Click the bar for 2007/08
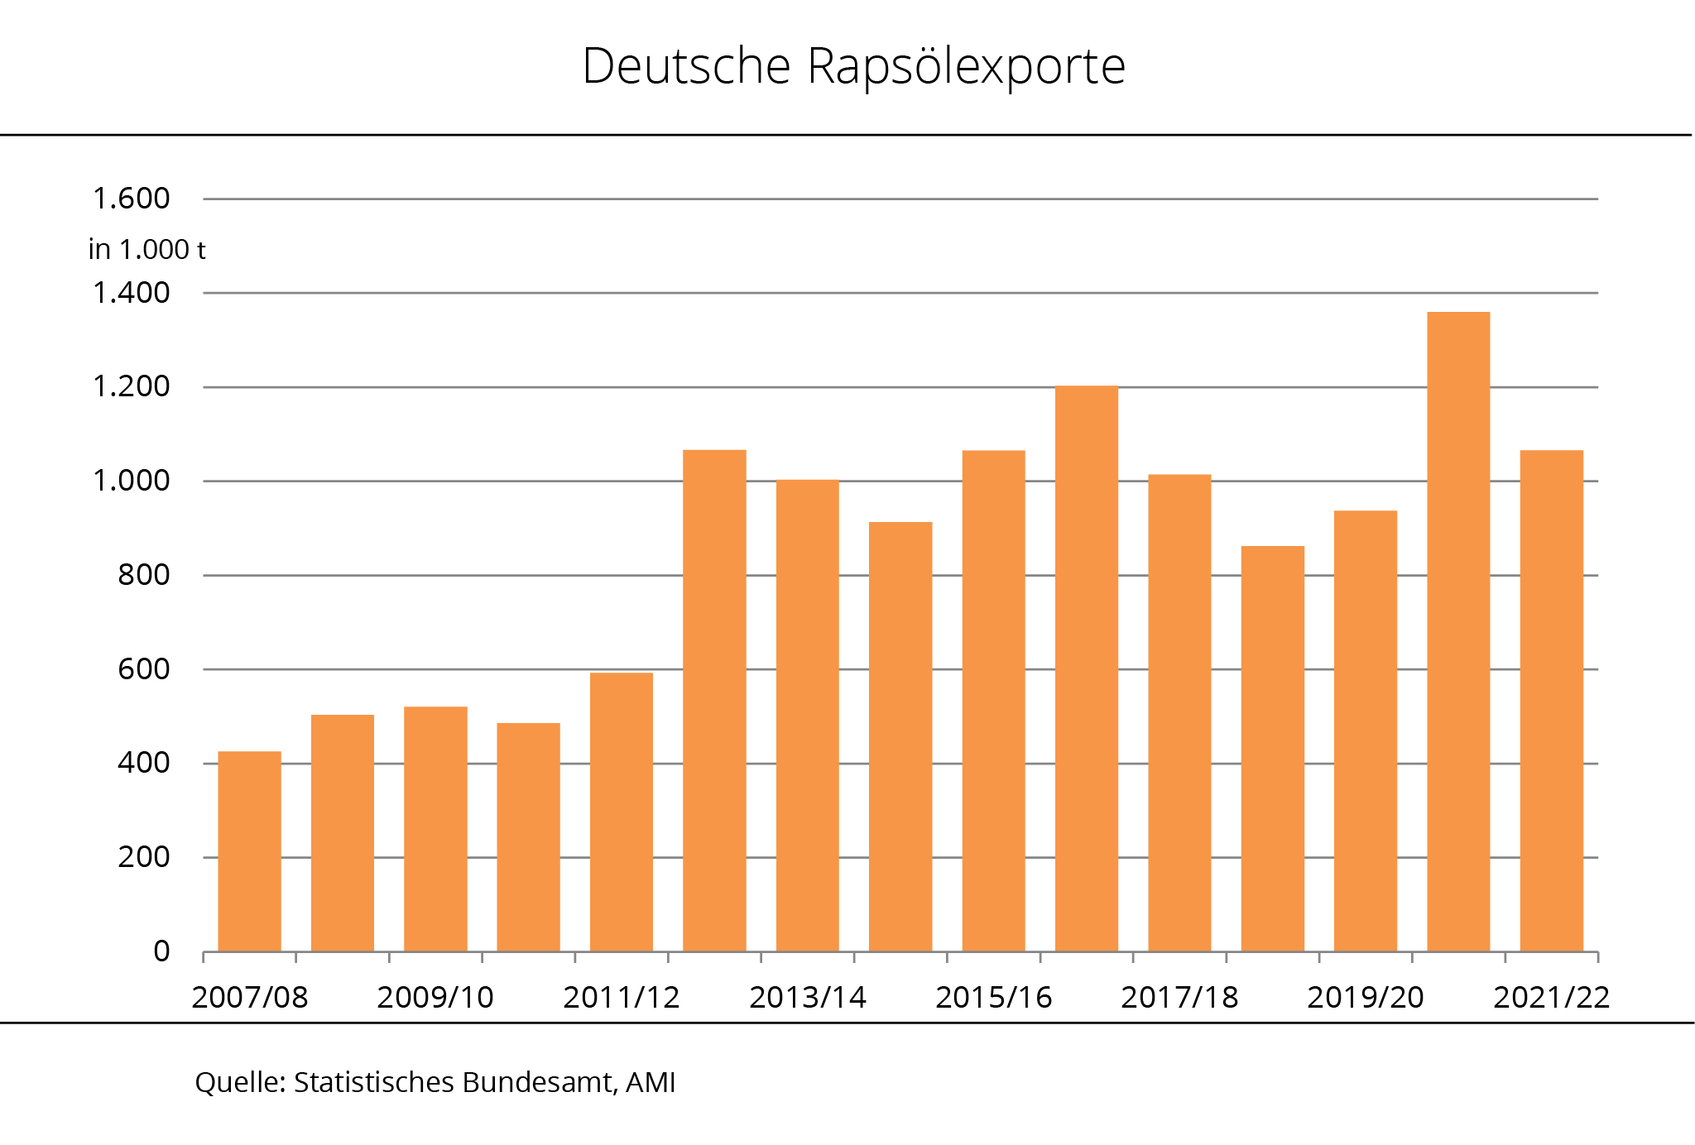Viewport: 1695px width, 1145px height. pyautogui.click(x=249, y=851)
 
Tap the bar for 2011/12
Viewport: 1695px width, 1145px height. pyautogui.click(x=622, y=812)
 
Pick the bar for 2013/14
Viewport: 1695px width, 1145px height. pyautogui.click(x=807, y=716)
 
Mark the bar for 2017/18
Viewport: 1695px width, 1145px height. pyautogui.click(x=1179, y=712)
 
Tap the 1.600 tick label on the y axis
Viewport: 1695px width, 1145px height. pyautogui.click(x=131, y=199)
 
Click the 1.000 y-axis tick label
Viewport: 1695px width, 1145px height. pyautogui.click(x=131, y=481)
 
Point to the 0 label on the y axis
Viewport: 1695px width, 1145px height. pyautogui.click(x=161, y=951)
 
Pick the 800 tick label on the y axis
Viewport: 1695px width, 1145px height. pyautogui.click(x=143, y=575)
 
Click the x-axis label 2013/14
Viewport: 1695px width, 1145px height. pyautogui.click(x=807, y=998)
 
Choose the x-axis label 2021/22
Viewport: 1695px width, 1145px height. pyautogui.click(x=1551, y=998)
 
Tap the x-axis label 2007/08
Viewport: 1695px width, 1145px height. pyautogui.click(x=249, y=998)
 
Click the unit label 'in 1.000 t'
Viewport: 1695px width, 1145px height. pyautogui.click(x=146, y=249)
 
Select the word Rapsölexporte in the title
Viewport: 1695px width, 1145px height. pyautogui.click(x=966, y=66)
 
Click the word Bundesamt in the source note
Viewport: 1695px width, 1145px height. pyautogui.click(x=539, y=1082)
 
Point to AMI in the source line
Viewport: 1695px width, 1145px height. pyautogui.click(x=651, y=1082)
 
